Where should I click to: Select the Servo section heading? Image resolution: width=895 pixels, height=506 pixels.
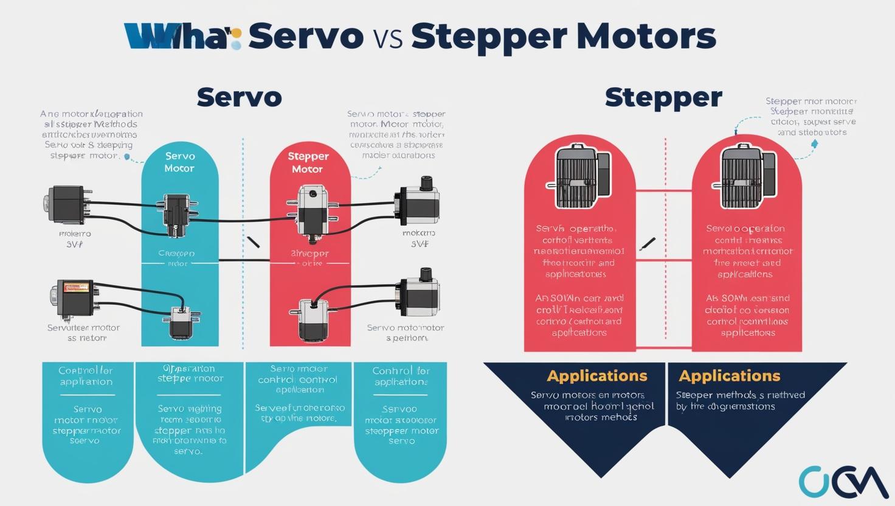(x=239, y=97)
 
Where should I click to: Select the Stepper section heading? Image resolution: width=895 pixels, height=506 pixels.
(x=663, y=97)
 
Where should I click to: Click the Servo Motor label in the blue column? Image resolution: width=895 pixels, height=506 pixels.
(x=179, y=162)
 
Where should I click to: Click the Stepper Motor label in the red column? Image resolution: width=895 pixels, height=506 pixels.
(x=308, y=162)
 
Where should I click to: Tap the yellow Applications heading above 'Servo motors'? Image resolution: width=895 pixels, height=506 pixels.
(x=597, y=375)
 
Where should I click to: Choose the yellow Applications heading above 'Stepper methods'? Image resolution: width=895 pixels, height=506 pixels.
(x=730, y=375)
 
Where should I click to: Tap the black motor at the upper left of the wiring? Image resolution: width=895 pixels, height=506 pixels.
(x=66, y=204)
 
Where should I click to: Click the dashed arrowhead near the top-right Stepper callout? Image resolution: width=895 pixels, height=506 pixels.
(x=815, y=144)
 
